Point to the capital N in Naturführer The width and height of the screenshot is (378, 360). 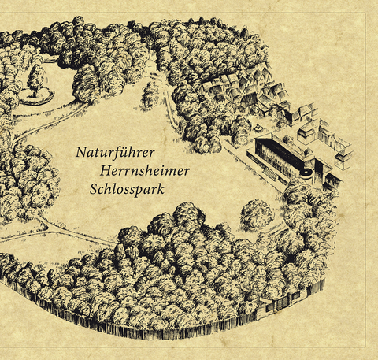click(81, 150)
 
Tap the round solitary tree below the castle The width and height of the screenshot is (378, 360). click(257, 213)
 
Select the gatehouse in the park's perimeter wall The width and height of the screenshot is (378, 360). click(294, 298)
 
